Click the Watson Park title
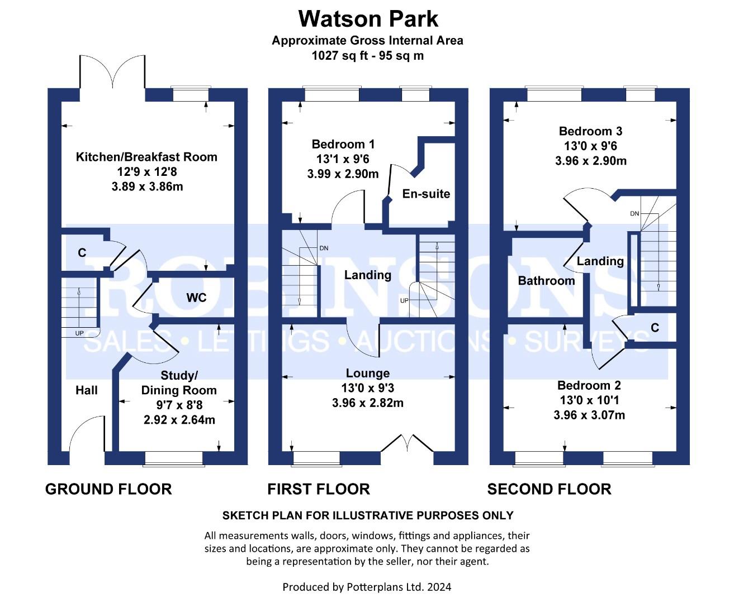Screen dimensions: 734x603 pyautogui.click(x=368, y=18)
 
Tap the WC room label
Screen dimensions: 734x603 pyautogui.click(x=196, y=298)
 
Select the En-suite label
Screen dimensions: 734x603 pyautogui.click(x=426, y=194)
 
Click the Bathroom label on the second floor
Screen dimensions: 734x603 pyautogui.click(x=546, y=280)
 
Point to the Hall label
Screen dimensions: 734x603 pyautogui.click(x=87, y=390)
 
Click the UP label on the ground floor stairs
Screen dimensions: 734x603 pyautogui.click(x=79, y=333)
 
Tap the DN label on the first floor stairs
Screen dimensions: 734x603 pyautogui.click(x=324, y=248)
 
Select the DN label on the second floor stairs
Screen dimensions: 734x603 pyautogui.click(x=634, y=213)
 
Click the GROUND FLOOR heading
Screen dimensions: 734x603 pyautogui.click(x=108, y=489)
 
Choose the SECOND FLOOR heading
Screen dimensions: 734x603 pyautogui.click(x=549, y=489)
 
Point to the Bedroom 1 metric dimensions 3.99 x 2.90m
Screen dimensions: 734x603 pyautogui.click(x=343, y=174)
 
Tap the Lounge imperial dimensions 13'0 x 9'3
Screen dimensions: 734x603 pyautogui.click(x=367, y=388)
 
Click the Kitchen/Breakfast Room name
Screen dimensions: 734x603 pyautogui.click(x=146, y=157)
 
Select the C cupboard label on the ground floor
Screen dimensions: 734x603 pyautogui.click(x=82, y=252)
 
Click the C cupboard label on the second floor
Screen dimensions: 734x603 pyautogui.click(x=655, y=327)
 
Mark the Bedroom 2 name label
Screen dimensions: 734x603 pyautogui.click(x=589, y=385)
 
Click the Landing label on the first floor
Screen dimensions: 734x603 pyautogui.click(x=367, y=275)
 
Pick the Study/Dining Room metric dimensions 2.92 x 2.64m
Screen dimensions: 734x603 pyautogui.click(x=179, y=420)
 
